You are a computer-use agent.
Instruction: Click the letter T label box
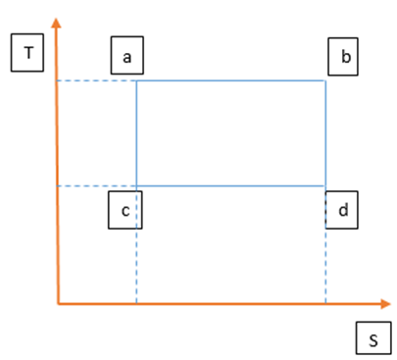tap(27, 52)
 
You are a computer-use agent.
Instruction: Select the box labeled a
tap(127, 55)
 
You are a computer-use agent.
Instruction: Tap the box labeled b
tap(343, 57)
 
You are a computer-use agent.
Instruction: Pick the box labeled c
tap(125, 210)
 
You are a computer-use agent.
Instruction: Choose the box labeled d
tap(342, 210)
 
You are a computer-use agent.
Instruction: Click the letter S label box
tap(373, 338)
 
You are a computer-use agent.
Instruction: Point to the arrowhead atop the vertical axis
tap(57, 23)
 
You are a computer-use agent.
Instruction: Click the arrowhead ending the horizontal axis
tap(386, 304)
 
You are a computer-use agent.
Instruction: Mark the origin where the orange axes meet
tap(59, 304)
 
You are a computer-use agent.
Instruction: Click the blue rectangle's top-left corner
tap(136, 80)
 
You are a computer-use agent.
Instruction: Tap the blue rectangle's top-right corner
tap(325, 80)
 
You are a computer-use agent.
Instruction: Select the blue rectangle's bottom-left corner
tap(136, 186)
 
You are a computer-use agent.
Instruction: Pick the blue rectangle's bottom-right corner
tap(325, 186)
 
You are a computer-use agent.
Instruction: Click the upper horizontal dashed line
tap(97, 80)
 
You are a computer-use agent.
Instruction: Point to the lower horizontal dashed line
tap(97, 186)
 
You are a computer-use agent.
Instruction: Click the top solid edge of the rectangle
tap(231, 80)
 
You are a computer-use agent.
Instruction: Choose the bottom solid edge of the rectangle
tap(231, 186)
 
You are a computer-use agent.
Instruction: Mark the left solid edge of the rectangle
tap(136, 133)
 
